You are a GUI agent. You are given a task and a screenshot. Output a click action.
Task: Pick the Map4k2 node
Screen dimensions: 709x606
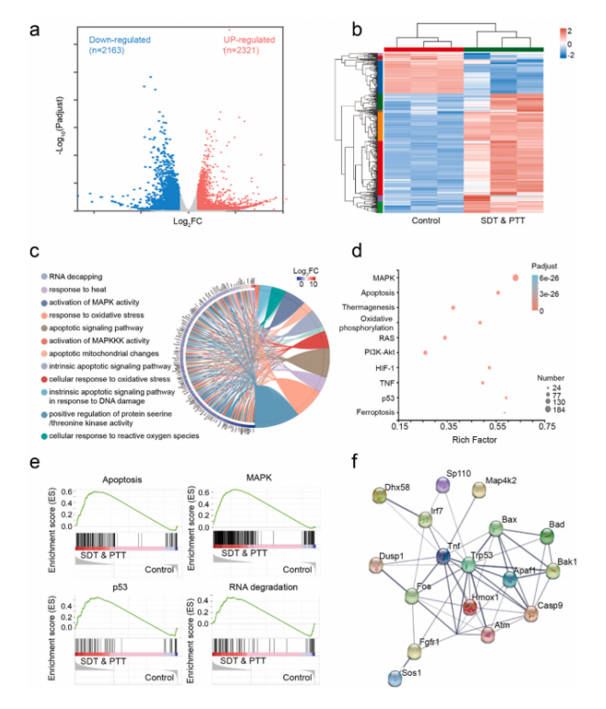(x=478, y=490)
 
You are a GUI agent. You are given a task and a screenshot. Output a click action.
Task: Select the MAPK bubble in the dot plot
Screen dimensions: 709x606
(x=516, y=276)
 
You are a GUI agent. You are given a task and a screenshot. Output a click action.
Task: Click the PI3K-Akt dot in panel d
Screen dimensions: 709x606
(x=425, y=352)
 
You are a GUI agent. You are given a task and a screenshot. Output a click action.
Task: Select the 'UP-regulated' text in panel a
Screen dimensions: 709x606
(x=249, y=40)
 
